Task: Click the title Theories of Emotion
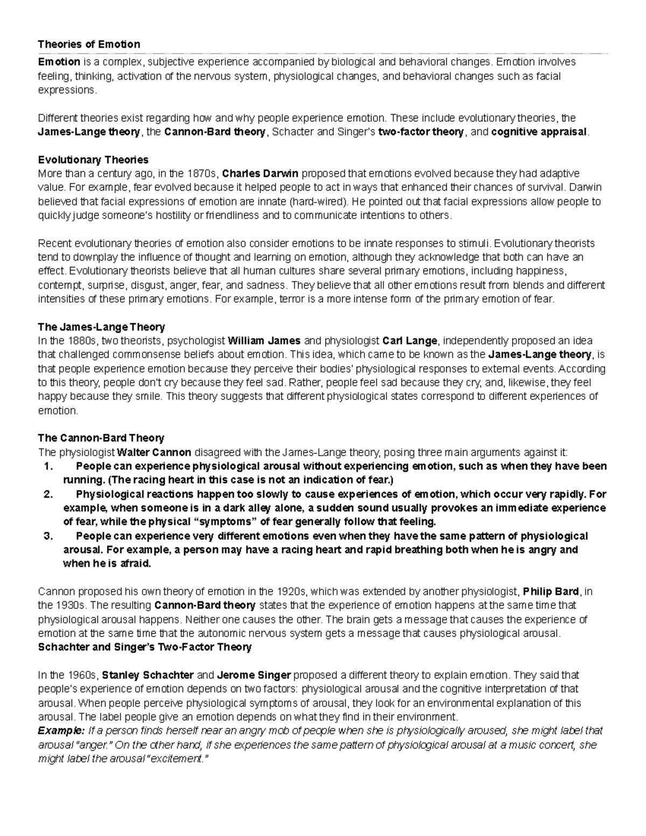tap(89, 44)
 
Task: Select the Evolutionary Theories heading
tap(93, 160)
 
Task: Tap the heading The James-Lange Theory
tap(101, 327)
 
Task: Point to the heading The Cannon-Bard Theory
tap(101, 438)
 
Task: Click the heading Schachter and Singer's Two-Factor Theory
tap(145, 647)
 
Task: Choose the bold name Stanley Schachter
tap(148, 675)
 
